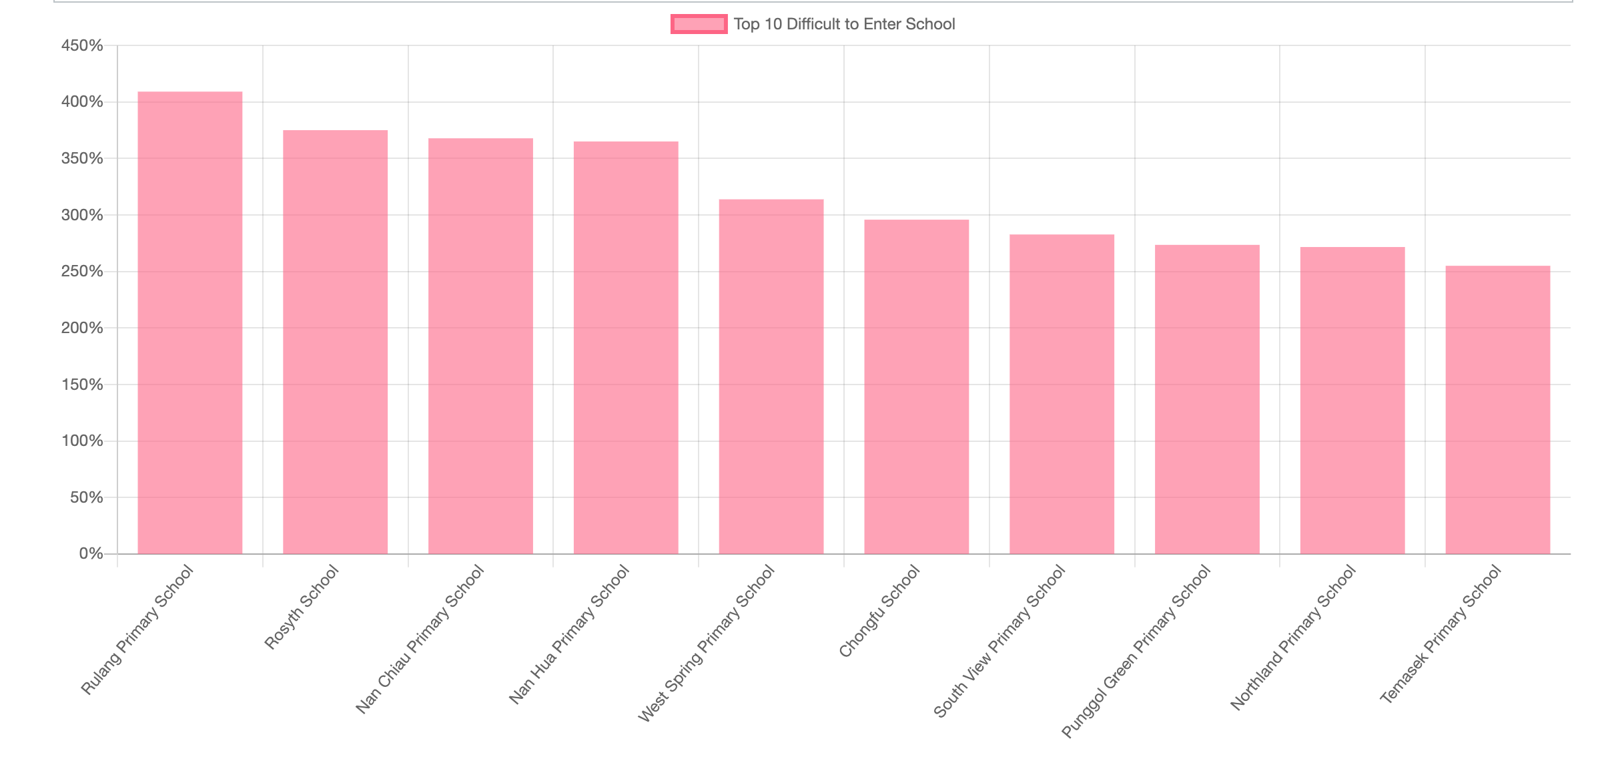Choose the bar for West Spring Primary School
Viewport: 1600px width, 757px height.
coord(771,376)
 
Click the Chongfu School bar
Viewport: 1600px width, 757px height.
coord(917,387)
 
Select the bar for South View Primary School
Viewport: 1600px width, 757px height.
coord(1062,394)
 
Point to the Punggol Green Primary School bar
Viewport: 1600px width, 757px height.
coord(1207,399)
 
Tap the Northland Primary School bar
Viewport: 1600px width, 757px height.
coord(1352,401)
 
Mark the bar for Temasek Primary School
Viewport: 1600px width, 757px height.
coord(1498,410)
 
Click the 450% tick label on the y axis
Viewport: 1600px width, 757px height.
coord(82,45)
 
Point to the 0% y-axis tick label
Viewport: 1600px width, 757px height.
coord(91,553)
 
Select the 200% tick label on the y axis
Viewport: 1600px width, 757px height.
coord(82,328)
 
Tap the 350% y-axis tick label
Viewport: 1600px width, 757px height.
coord(82,158)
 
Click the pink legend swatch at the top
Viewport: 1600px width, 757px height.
coord(699,24)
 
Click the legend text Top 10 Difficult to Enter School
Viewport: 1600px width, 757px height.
coord(844,24)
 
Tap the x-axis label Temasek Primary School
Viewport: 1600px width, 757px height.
coord(1441,634)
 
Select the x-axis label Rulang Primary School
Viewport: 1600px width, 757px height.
coord(137,629)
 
